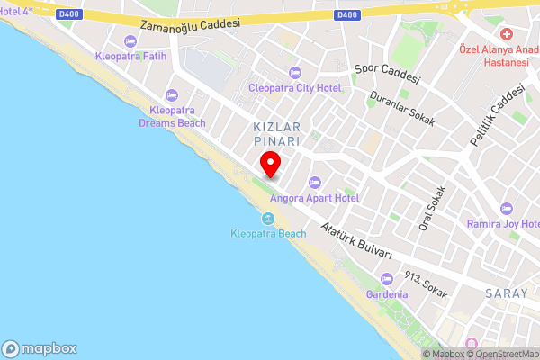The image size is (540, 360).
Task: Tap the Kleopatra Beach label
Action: click(x=268, y=234)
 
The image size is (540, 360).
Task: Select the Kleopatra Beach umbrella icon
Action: click(x=268, y=219)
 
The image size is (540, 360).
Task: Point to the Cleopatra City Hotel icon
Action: click(x=294, y=73)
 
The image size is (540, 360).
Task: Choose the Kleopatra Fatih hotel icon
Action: click(x=130, y=40)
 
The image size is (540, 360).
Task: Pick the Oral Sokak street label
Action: click(x=433, y=208)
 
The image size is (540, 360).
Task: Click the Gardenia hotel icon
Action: click(x=387, y=279)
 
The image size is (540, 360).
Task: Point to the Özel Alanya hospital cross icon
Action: click(x=507, y=34)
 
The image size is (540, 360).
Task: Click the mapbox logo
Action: click(x=40, y=349)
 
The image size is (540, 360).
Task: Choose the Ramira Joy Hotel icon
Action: click(x=504, y=208)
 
